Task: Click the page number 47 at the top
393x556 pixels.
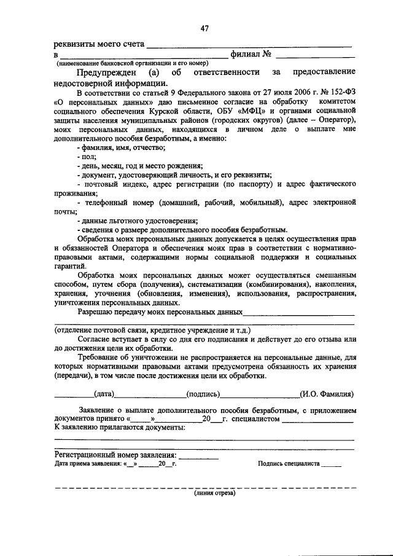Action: pos(204,28)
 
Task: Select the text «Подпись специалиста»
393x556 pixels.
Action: pos(289,464)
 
